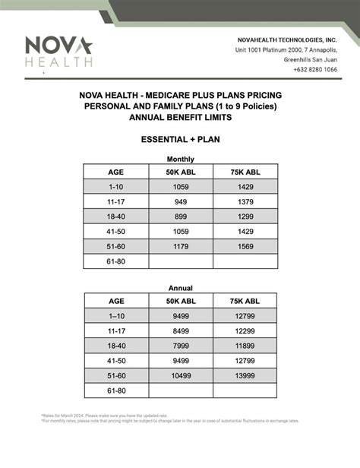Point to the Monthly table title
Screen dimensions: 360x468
click(x=180, y=159)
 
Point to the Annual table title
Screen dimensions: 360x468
click(x=180, y=288)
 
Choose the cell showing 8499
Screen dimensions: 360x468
click(x=180, y=330)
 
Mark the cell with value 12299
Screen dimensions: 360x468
click(x=245, y=330)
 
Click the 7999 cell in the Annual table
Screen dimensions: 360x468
click(x=180, y=345)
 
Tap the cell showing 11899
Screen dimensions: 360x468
click(x=245, y=345)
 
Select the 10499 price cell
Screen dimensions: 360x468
click(x=180, y=375)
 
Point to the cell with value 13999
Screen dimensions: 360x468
click(x=245, y=375)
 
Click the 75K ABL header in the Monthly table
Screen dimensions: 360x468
click(x=245, y=171)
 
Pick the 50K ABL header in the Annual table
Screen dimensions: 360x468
click(x=180, y=301)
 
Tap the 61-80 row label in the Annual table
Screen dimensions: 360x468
click(x=116, y=391)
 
